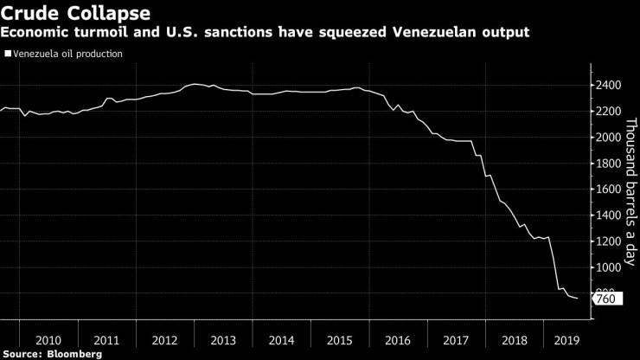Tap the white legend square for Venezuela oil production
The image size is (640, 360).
pyautogui.click(x=8, y=54)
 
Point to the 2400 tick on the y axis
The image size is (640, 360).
pyautogui.click(x=611, y=85)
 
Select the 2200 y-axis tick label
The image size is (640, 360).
pyautogui.click(x=611, y=111)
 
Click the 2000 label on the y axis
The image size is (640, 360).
pyautogui.click(x=611, y=137)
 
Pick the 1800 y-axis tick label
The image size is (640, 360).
pyautogui.click(x=611, y=163)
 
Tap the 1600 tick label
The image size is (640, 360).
pyautogui.click(x=611, y=189)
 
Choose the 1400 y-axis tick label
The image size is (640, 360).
pyautogui.click(x=611, y=215)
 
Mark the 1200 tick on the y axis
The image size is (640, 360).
pyautogui.click(x=611, y=241)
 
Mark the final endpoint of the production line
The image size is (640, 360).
pyautogui.click(x=578, y=299)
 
